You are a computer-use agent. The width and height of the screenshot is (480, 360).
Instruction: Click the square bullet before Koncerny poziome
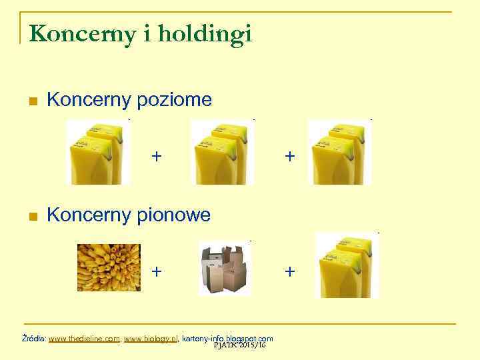(32, 101)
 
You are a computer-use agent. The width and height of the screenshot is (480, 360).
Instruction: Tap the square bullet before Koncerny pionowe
(32, 216)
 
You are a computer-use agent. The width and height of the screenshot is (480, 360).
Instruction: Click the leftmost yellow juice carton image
(97, 152)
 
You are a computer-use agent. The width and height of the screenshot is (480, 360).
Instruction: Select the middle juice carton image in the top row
(221, 152)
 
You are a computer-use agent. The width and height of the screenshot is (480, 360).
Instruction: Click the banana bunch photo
(109, 267)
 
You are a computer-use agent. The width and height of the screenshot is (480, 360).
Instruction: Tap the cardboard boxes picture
(225, 267)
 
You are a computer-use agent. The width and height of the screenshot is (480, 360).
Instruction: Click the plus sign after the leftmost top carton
(156, 157)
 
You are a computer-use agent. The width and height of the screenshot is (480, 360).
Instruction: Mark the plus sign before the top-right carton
(289, 157)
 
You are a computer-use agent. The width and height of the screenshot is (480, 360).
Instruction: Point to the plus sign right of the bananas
(156, 271)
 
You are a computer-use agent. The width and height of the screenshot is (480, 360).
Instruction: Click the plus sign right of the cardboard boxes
(289, 271)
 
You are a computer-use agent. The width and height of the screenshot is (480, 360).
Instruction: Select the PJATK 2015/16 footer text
(240, 345)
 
